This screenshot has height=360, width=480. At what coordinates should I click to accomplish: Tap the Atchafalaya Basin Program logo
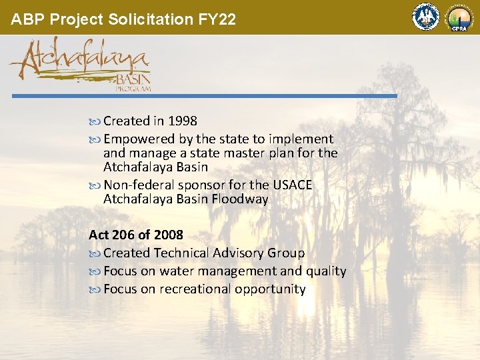(x=81, y=63)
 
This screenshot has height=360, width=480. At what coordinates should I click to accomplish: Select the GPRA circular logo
(x=459, y=17)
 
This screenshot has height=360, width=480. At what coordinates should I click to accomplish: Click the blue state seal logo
(x=425, y=17)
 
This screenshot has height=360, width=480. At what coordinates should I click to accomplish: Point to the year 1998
(x=182, y=121)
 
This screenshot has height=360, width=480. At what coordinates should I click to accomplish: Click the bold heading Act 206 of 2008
(x=136, y=235)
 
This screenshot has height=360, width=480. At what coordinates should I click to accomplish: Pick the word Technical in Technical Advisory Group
(x=181, y=253)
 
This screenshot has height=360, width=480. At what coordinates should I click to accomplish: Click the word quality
(x=326, y=271)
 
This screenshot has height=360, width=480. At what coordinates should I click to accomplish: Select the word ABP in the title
(x=25, y=19)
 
